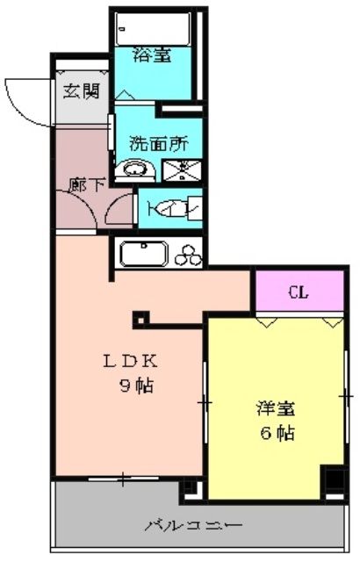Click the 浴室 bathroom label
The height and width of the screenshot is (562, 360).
(152, 55)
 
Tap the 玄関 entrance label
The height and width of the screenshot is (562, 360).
(82, 91)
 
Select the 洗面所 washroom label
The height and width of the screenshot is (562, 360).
(159, 144)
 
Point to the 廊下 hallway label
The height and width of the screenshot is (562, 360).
(87, 184)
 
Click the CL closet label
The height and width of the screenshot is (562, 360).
(299, 292)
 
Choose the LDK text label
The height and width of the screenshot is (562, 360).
(130, 361)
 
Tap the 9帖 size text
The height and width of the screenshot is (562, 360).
(136, 386)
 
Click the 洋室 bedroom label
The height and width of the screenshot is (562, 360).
(276, 409)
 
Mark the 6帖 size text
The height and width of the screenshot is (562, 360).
(277, 433)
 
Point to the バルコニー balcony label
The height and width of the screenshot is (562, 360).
(194, 526)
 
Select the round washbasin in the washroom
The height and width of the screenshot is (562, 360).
(134, 169)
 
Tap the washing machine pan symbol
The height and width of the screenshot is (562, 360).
(182, 169)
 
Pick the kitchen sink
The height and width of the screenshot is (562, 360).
(144, 254)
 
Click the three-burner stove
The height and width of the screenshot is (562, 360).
(188, 256)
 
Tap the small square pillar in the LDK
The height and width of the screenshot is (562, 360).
(141, 320)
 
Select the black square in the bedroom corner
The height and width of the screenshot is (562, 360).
(335, 479)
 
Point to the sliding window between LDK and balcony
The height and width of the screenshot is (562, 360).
(123, 478)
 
